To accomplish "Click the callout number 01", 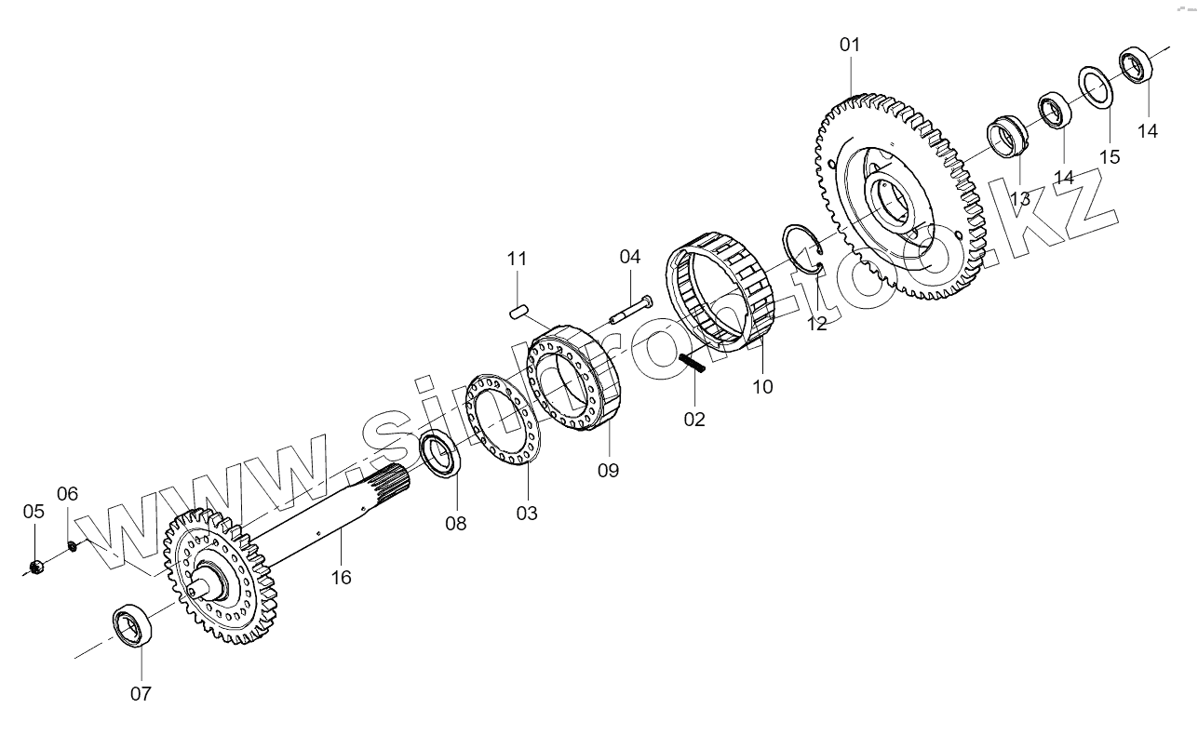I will point(850,45).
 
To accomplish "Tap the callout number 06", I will point(68,493).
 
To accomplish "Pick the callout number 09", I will point(608,470).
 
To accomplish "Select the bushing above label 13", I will point(1006,138).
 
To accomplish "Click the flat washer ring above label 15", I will point(1097,87).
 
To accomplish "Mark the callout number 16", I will point(342,577).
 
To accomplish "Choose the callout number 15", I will point(1109,156).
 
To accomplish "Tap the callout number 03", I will point(527,513).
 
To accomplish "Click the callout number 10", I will point(762,387).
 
